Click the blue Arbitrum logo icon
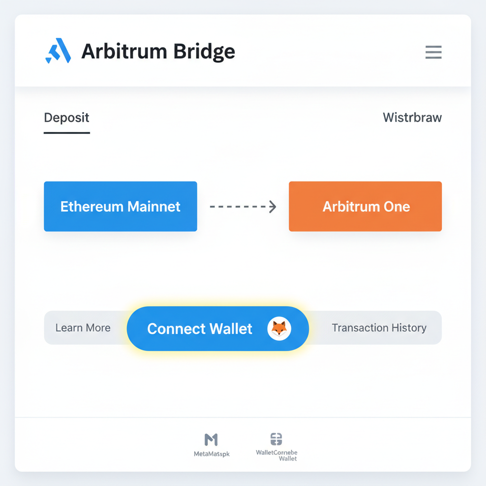(58, 51)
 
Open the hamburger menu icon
(433, 52)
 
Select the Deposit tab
(66, 118)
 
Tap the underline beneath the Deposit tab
(66, 132)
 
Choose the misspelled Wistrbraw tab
(412, 118)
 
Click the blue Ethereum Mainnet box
(120, 206)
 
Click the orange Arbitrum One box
(365, 206)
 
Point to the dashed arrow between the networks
(242, 206)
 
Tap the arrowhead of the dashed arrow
(272, 206)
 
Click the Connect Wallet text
(199, 328)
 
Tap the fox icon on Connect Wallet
(279, 328)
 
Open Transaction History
(379, 328)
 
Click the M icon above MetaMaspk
(211, 439)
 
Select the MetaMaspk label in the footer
(212, 454)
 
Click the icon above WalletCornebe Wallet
(276, 439)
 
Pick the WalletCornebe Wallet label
(276, 456)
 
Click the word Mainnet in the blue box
(154, 206)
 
